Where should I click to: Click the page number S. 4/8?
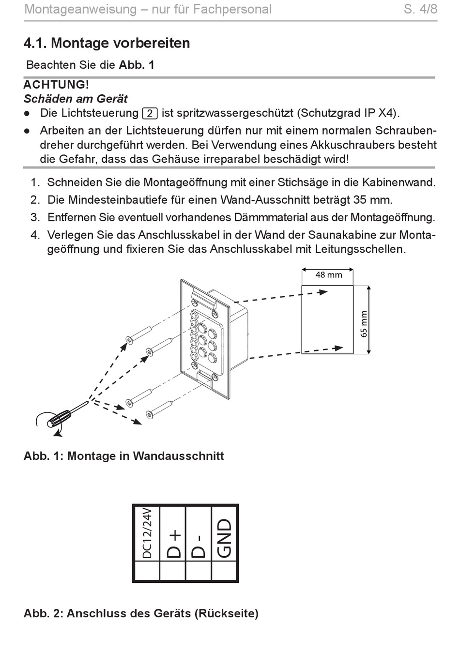[420, 9]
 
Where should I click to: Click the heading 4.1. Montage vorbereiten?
[107, 43]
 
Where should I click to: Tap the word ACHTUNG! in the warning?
[56, 85]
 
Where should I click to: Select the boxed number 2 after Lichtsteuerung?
[150, 114]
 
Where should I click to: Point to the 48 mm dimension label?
[328, 275]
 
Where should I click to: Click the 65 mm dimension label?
[364, 323]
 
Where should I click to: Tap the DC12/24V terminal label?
[147, 532]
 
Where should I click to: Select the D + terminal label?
[173, 544]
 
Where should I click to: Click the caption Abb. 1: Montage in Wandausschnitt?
[123, 456]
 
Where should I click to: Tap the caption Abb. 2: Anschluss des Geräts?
[141, 613]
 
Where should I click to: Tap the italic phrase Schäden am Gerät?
[76, 99]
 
